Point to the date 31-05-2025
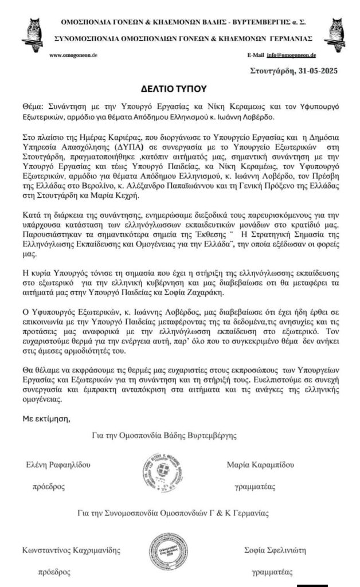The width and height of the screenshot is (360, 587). pos(306,71)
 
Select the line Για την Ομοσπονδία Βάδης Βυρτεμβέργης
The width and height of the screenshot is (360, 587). pos(166,436)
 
